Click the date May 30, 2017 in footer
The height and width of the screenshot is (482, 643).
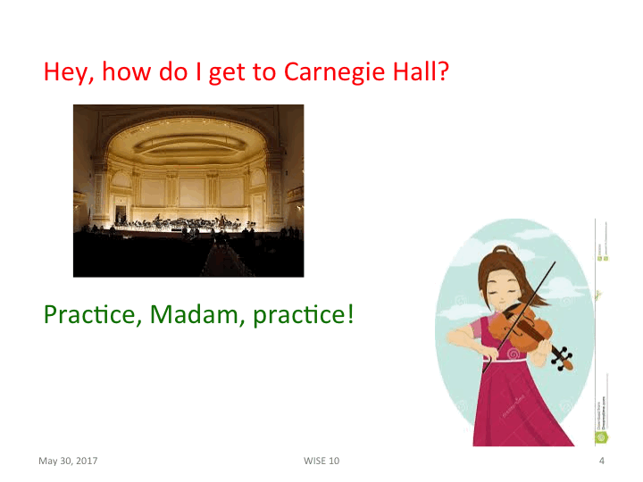coord(68,461)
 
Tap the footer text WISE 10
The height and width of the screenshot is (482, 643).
coord(321,461)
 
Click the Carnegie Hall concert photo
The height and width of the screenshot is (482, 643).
coord(188,190)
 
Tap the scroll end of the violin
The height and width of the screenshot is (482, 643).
coord(564,359)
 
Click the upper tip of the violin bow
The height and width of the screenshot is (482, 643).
coord(554,263)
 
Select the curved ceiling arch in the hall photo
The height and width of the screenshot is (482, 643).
coord(188,134)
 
